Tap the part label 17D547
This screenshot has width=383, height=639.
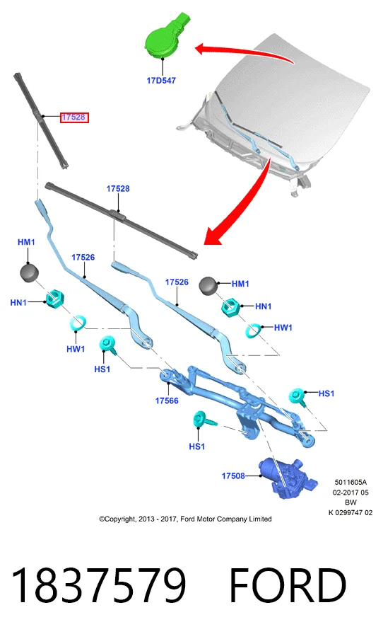[161, 81]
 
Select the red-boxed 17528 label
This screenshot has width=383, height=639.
[73, 117]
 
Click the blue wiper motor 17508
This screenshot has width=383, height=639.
[288, 477]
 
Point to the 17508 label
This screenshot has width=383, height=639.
[233, 476]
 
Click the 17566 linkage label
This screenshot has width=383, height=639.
[167, 401]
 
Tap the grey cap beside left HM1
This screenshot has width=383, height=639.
[29, 273]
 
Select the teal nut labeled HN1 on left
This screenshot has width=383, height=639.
[54, 299]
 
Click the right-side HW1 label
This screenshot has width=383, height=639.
[283, 327]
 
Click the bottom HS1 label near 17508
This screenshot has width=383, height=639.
[197, 447]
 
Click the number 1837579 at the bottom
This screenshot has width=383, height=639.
[98, 585]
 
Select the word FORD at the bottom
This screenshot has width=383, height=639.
[288, 585]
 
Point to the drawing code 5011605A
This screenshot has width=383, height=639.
[350, 483]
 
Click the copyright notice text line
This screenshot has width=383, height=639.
[185, 519]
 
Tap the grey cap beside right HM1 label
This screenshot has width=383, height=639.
[209, 286]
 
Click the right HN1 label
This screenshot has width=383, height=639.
[264, 306]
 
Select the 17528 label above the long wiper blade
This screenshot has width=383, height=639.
[118, 189]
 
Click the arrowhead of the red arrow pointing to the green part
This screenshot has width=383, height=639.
[200, 50]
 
